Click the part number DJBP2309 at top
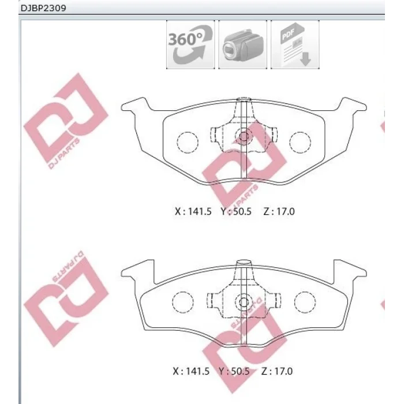pos(43,8)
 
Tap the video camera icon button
pos(243,44)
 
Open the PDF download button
pos(295,44)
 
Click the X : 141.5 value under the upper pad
pos(193,212)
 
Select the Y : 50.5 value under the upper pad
pos(235,212)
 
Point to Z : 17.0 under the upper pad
pos(279,212)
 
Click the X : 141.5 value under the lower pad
pos(191,371)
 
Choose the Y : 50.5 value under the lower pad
pos(234,371)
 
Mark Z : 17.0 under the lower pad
pos(277,371)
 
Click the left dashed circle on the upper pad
pos(188,132)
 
